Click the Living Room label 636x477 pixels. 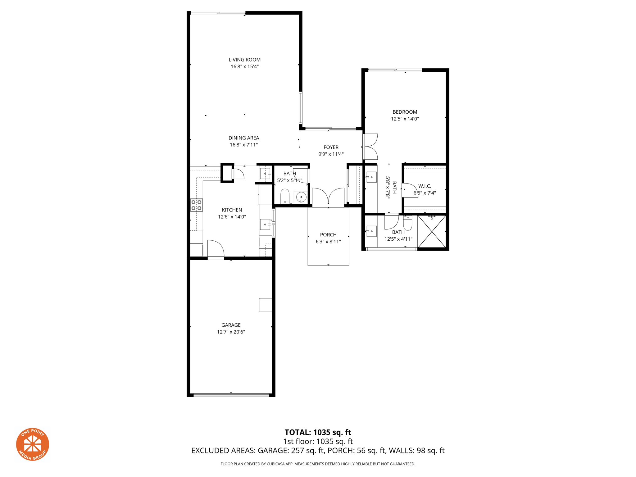click(x=244, y=60)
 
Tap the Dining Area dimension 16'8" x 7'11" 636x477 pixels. click(x=244, y=145)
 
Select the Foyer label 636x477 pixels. click(x=331, y=147)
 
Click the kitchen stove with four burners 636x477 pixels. click(x=196, y=205)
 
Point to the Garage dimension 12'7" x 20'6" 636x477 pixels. click(x=231, y=332)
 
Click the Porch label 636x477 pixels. click(x=328, y=235)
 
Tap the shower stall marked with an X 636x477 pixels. click(x=432, y=232)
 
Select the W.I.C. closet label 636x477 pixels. click(x=425, y=186)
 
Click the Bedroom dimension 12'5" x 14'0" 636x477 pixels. click(x=405, y=119)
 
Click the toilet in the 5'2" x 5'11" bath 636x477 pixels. click(x=285, y=196)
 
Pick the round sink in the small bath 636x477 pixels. click(x=301, y=197)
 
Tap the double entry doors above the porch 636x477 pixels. click(x=328, y=196)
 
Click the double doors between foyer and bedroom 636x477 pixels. click(x=370, y=147)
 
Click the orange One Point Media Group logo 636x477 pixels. click(x=33, y=444)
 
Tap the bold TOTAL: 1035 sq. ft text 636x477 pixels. click(x=318, y=432)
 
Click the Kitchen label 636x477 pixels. click(x=232, y=210)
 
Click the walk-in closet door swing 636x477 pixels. click(x=410, y=190)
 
